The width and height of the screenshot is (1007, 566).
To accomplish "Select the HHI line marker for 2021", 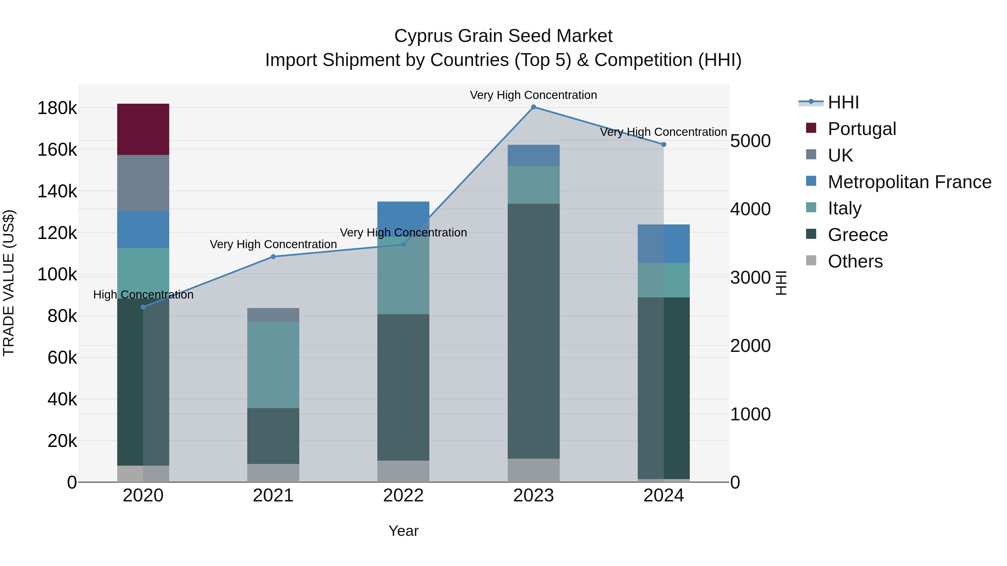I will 273,257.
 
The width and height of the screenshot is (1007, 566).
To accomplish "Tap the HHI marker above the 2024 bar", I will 664,145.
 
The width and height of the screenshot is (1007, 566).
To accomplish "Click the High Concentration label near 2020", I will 143,295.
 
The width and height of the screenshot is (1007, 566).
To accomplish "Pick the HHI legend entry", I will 843,102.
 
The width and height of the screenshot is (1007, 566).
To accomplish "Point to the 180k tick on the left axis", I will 57,108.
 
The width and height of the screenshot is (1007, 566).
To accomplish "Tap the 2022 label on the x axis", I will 403,496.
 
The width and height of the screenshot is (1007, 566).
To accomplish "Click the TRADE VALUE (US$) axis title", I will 9,283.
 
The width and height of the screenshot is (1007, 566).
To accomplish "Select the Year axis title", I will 403,531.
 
